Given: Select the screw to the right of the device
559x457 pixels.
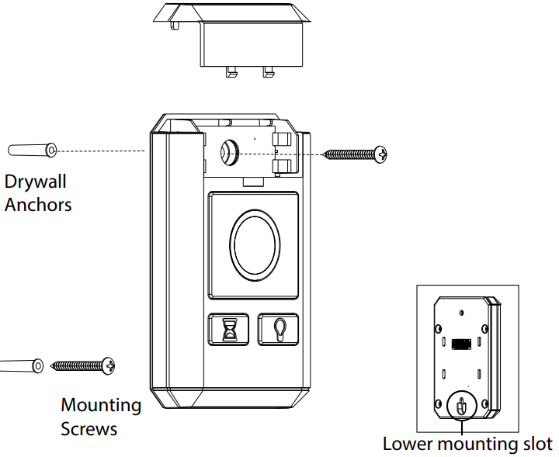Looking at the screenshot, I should tap(354, 154).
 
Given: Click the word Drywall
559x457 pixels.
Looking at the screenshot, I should tap(36, 182).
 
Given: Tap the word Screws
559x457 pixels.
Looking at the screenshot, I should tap(89, 428).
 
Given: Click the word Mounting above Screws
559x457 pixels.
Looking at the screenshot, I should tap(101, 405).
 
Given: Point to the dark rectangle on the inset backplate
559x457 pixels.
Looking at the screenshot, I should tap(460, 343).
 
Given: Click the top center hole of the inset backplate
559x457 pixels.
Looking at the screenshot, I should tap(461, 313).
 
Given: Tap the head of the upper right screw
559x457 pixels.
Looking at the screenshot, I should tap(380, 154).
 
